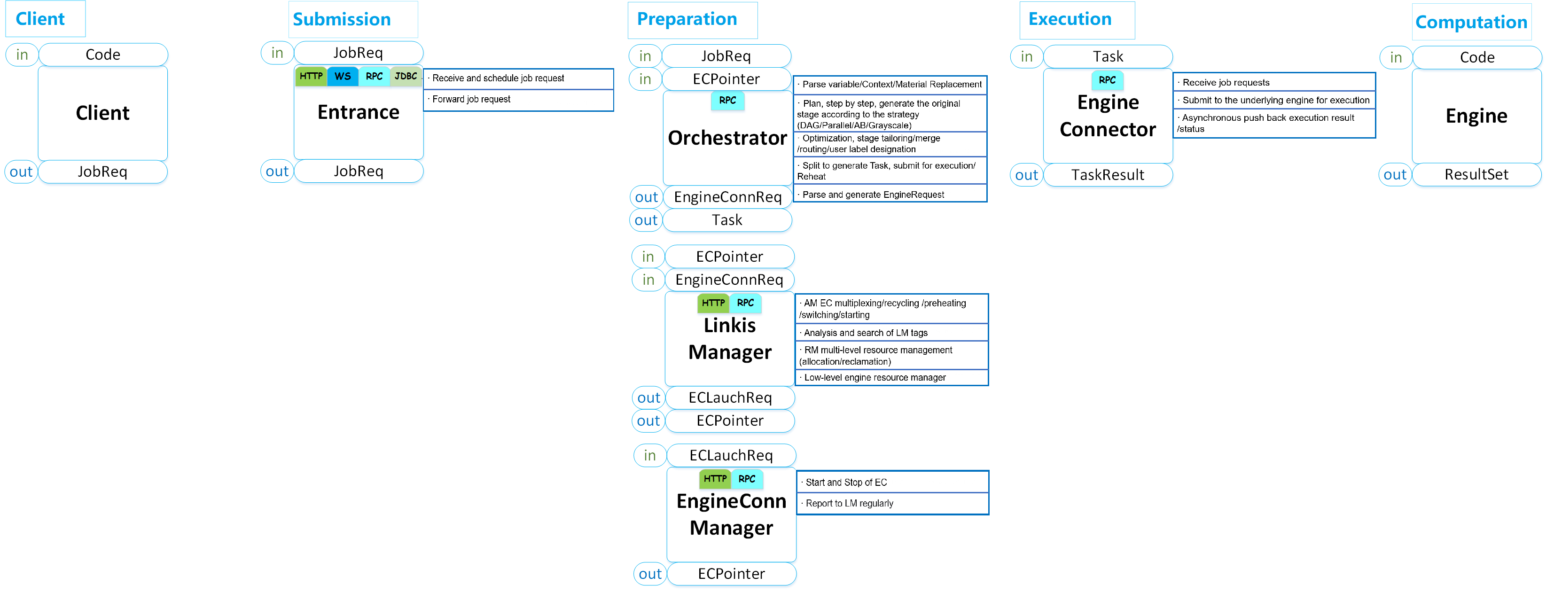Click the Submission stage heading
342,20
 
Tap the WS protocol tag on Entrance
343,76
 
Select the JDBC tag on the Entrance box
406,76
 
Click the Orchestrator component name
727,138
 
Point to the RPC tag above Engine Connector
1107,80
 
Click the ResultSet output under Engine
1476,174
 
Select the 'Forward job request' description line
471,100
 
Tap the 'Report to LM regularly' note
849,503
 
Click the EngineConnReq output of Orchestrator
727,197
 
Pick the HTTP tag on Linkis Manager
713,303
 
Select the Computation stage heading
1470,22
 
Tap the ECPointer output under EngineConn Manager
731,573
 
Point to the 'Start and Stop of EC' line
846,482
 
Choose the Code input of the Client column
102,55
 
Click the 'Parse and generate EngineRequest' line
873,195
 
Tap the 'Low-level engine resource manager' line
875,378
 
